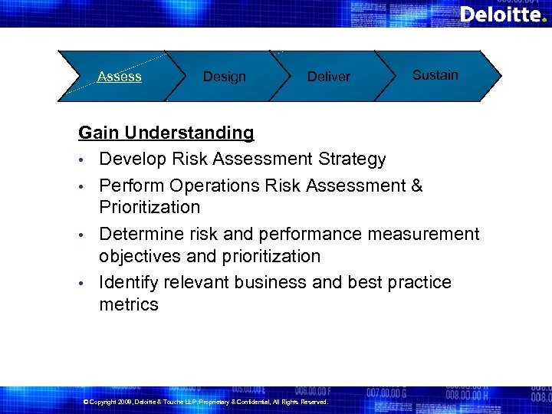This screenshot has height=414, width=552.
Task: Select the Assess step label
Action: tap(120, 76)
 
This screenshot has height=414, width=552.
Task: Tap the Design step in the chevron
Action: tap(224, 77)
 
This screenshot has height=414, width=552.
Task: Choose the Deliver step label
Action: tap(328, 77)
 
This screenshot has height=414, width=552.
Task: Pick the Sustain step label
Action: tap(435, 75)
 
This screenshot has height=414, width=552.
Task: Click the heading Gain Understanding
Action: tap(166, 133)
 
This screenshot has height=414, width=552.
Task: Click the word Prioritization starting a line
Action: tap(149, 207)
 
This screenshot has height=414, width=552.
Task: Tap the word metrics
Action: tap(129, 304)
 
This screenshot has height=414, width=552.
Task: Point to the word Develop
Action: tap(133, 159)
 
